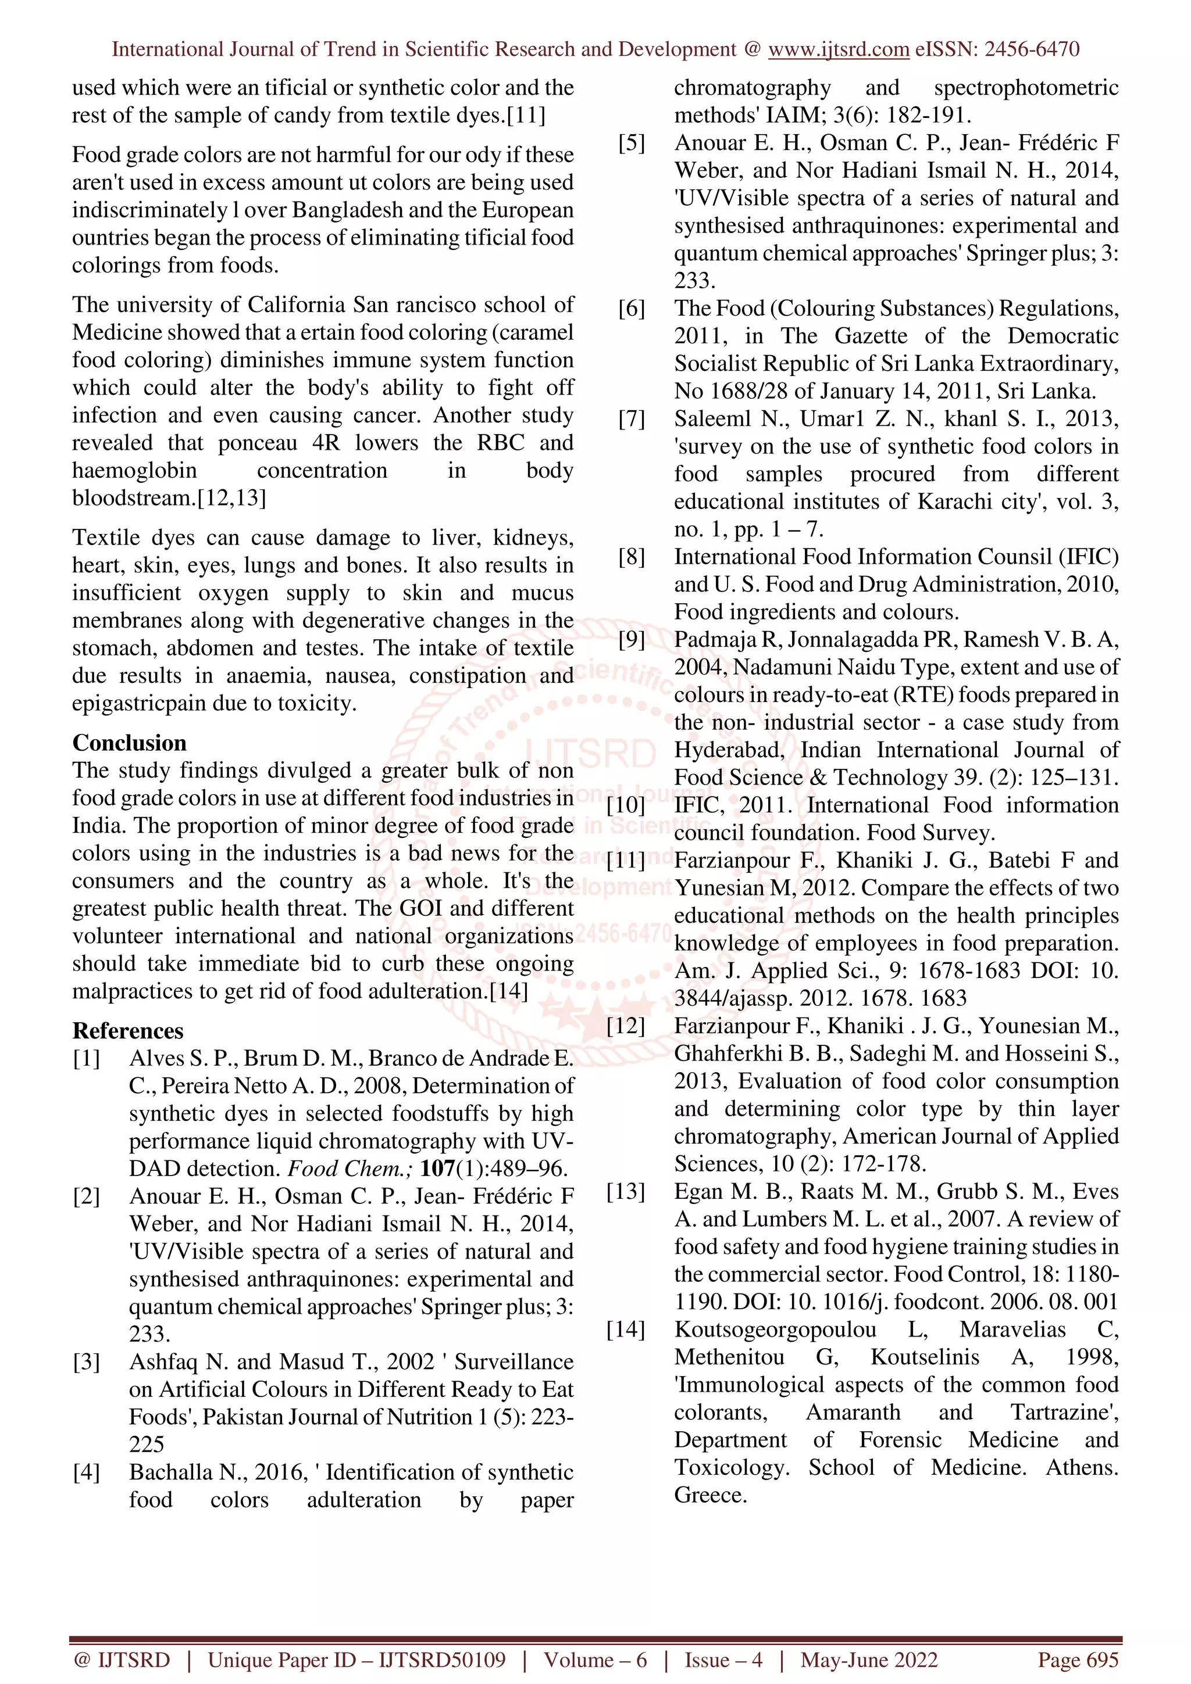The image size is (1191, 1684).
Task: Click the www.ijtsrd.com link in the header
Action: pyautogui.click(x=838, y=50)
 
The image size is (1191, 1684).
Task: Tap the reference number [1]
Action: pyautogui.click(x=87, y=1058)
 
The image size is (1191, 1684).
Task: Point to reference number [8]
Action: pyautogui.click(x=631, y=557)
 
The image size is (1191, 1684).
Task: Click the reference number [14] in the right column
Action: pyautogui.click(x=625, y=1329)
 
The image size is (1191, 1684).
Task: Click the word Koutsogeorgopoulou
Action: pyautogui.click(x=775, y=1329)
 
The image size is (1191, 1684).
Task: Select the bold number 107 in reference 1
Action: pyautogui.click(x=437, y=1169)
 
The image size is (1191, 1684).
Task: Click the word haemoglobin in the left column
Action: pyautogui.click(x=134, y=470)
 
